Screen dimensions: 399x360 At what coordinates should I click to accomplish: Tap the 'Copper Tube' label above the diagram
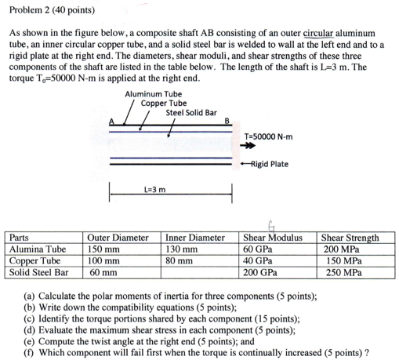(163, 103)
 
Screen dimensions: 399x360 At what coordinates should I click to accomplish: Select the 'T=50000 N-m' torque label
(269, 135)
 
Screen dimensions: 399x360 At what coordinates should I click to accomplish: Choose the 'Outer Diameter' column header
(118, 238)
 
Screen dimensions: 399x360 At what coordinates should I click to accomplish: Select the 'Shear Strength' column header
(350, 238)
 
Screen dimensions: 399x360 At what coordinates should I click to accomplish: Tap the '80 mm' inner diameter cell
(180, 260)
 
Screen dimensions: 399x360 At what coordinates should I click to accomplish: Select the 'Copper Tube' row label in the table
(34, 260)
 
